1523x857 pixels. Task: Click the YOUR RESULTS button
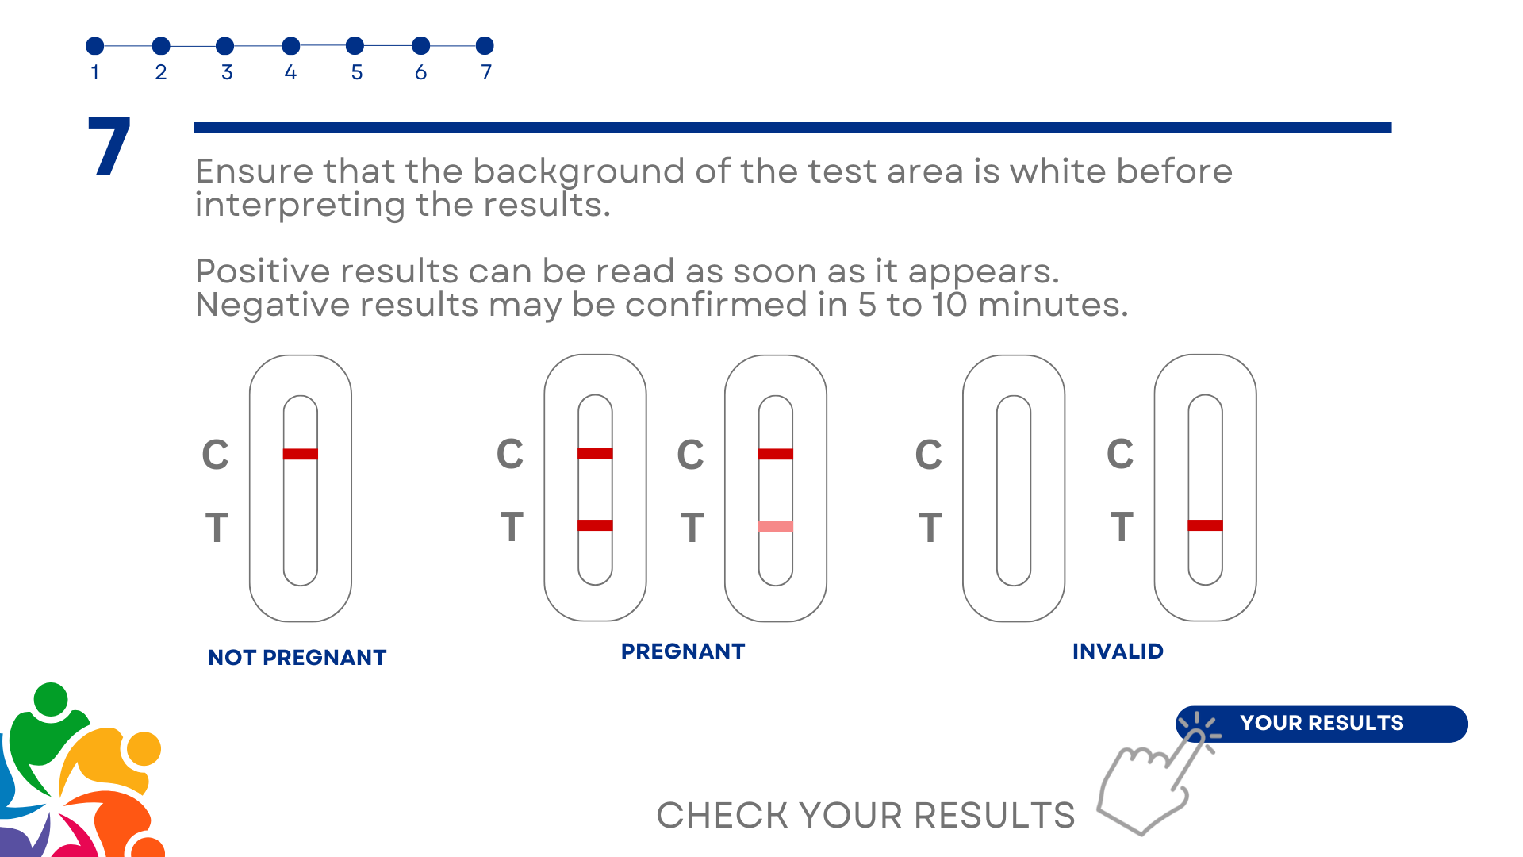[1322, 724]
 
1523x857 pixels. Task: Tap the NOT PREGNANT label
[297, 658]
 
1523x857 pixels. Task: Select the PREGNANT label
[683, 651]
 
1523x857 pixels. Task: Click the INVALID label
[1118, 651]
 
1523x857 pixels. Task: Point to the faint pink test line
[776, 525]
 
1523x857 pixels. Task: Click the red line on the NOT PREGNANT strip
[301, 454]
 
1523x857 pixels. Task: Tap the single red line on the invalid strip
[1205, 525]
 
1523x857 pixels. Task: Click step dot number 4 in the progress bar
[291, 46]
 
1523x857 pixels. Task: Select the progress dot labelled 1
[95, 46]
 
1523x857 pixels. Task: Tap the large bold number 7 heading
[109, 146]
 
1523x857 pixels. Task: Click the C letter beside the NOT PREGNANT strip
[215, 455]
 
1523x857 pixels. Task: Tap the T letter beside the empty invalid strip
[930, 528]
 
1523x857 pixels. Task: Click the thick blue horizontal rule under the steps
[792, 128]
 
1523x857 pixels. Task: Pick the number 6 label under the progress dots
[421, 72]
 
